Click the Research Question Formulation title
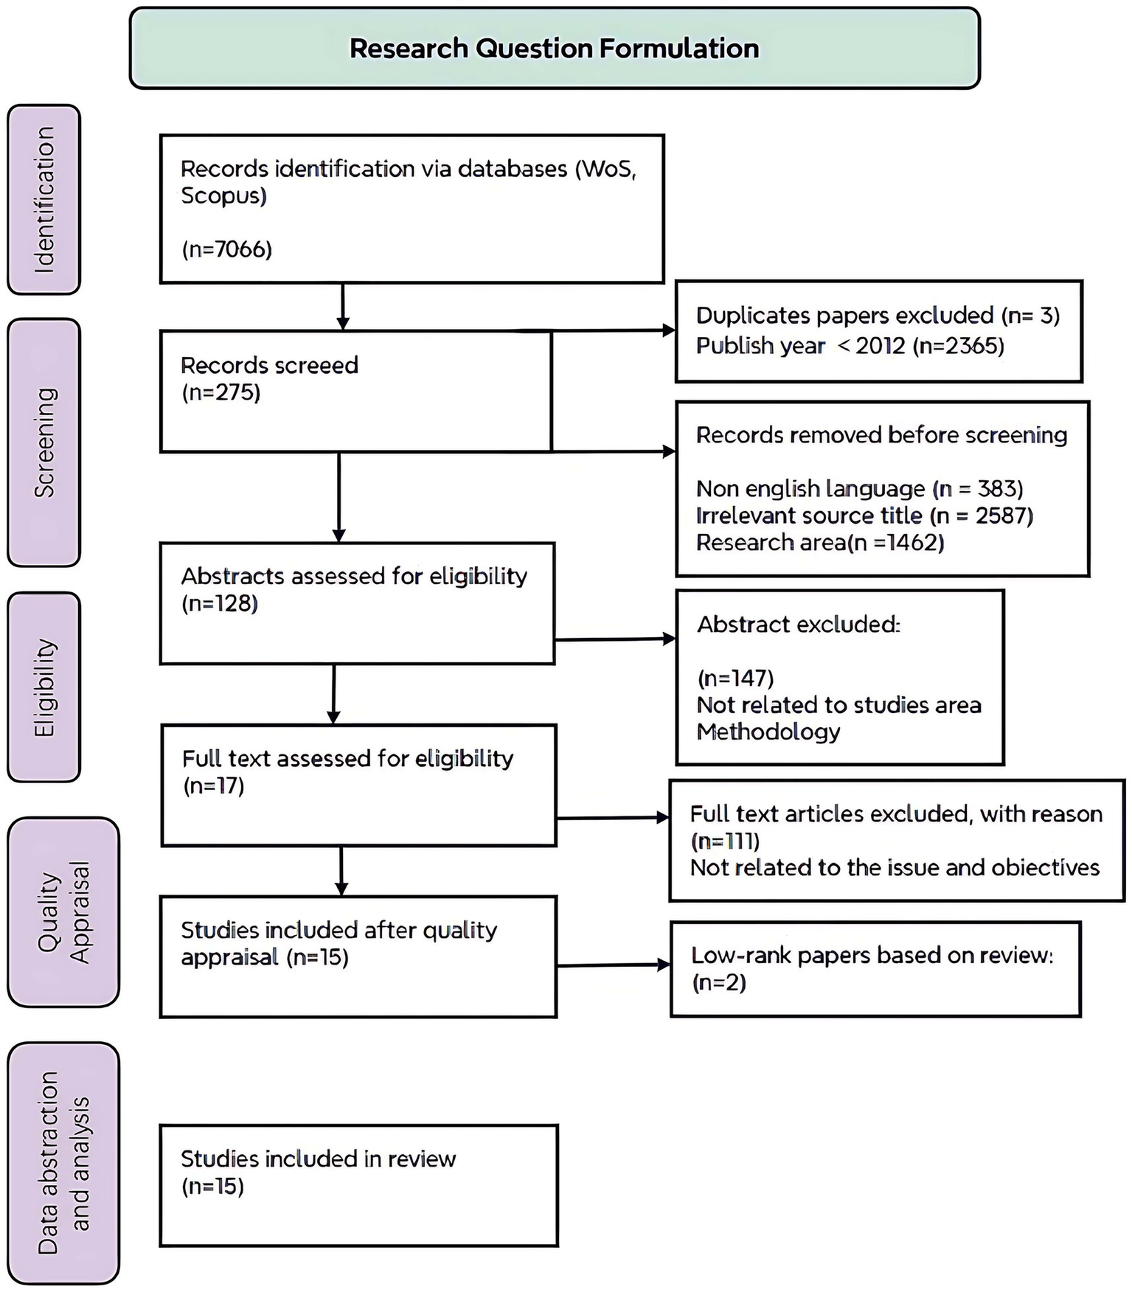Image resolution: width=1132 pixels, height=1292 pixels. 554,49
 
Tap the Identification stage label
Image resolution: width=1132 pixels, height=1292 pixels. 44,200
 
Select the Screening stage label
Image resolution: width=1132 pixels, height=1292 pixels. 44,442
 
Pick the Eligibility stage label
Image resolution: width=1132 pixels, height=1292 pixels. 44,687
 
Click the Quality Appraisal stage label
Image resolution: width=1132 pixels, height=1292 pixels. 63,912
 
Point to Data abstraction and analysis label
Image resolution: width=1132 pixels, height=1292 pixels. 63,1163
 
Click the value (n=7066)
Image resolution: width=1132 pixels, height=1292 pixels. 227,249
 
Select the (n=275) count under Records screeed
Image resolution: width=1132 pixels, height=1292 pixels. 221,392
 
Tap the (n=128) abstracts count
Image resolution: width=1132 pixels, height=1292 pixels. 220,604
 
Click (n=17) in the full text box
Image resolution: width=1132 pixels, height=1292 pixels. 214,786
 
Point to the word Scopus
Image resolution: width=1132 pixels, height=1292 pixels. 223,196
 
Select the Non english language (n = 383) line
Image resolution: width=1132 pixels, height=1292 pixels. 859,489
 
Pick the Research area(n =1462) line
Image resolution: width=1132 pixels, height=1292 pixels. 820,543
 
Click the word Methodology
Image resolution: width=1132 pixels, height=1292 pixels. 768,732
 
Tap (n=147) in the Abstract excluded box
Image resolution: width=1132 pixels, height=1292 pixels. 735,678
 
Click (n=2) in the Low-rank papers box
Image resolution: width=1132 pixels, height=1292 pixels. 719,983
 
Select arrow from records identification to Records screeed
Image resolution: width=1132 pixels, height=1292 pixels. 343,306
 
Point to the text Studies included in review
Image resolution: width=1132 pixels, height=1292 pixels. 319,1159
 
